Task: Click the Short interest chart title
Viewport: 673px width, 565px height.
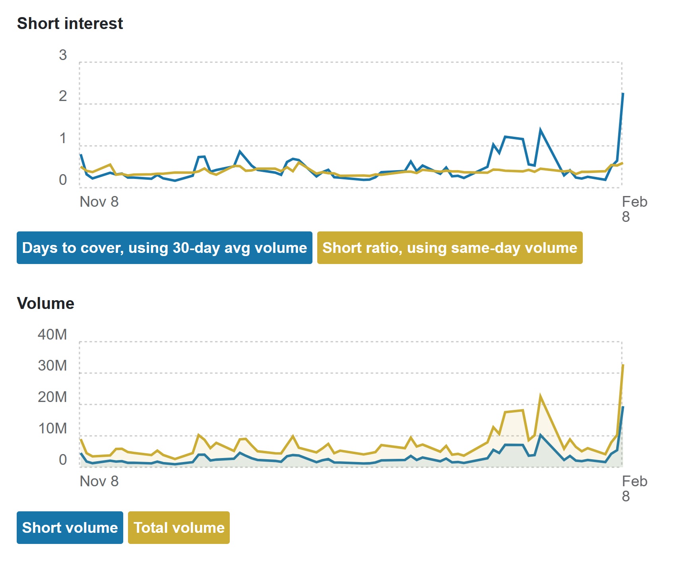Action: point(70,23)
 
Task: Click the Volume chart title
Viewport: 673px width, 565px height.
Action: point(46,303)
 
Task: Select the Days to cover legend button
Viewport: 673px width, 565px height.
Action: point(164,248)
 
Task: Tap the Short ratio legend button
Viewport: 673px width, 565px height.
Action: point(450,248)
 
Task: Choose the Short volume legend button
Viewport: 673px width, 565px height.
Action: point(70,528)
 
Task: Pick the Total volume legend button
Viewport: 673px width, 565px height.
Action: point(179,528)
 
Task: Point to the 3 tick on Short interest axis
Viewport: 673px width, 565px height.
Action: point(63,55)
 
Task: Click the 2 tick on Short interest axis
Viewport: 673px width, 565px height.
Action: point(63,96)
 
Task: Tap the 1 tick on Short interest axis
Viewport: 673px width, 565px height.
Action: point(63,138)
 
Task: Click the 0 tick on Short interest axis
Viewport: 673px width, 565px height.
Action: point(63,180)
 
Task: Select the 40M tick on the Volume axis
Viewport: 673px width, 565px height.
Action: point(52,334)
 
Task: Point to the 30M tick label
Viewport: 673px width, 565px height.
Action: point(52,366)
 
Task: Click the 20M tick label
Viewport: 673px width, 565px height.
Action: point(52,397)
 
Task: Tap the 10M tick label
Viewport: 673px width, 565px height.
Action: point(52,429)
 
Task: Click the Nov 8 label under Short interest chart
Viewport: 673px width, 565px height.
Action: point(99,202)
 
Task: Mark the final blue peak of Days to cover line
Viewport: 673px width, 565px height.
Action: point(623,93)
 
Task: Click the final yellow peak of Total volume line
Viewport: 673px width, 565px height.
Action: point(623,365)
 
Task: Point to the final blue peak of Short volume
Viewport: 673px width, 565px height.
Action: point(623,407)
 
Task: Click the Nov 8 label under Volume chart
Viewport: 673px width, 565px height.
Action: point(99,482)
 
